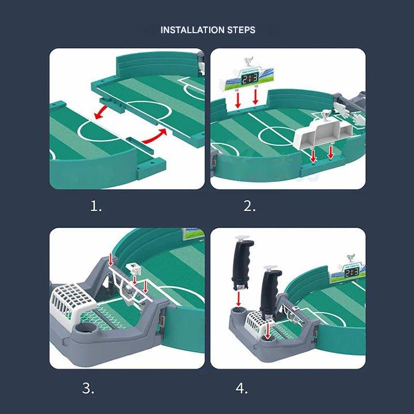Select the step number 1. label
[x=96, y=207]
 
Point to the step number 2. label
[x=250, y=207]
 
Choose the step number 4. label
[x=242, y=388]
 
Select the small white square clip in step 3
[x=133, y=269]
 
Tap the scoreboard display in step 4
[x=352, y=272]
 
